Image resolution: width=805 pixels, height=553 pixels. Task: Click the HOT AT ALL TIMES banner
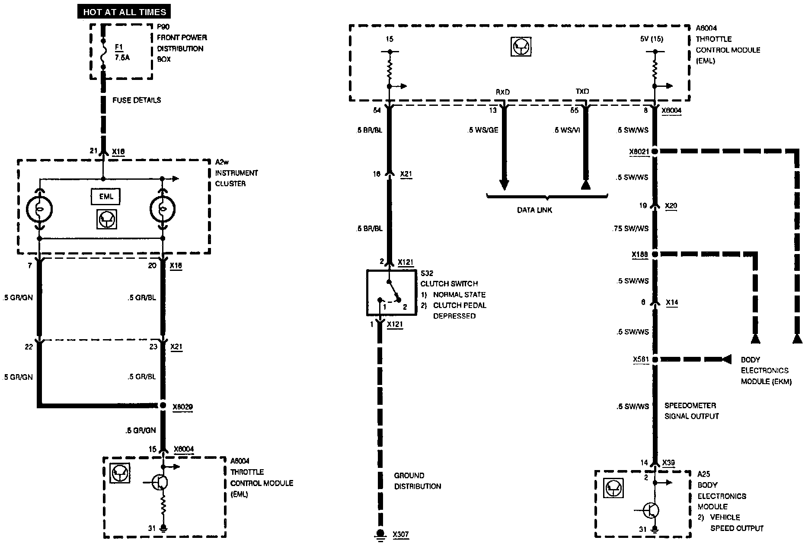(x=125, y=12)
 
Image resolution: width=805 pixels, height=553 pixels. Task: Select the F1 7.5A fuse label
(x=121, y=52)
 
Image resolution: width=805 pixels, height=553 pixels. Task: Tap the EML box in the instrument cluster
(x=106, y=197)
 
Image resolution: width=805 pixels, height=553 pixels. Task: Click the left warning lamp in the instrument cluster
(x=39, y=210)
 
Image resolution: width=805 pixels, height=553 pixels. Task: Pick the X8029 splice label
(x=182, y=407)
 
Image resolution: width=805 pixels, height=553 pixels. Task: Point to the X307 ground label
(x=400, y=534)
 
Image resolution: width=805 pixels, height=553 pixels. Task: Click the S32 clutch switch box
(x=391, y=292)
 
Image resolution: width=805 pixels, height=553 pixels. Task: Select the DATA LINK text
(x=534, y=210)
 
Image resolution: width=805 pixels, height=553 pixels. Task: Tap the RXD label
(x=502, y=92)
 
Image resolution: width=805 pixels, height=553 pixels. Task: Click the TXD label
(x=582, y=92)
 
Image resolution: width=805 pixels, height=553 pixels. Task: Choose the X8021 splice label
(x=639, y=152)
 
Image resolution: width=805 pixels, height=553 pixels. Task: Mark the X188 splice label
(x=640, y=255)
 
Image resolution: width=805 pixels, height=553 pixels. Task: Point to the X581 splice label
(x=641, y=359)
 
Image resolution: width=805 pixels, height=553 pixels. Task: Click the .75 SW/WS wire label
(x=630, y=229)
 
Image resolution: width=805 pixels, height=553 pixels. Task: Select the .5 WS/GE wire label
(x=483, y=130)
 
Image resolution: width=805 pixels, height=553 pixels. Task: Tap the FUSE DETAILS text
(x=137, y=100)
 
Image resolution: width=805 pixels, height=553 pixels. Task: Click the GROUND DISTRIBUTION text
(x=417, y=481)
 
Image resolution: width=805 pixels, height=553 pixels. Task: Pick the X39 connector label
(x=668, y=462)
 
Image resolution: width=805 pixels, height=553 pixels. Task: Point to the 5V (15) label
(x=652, y=39)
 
